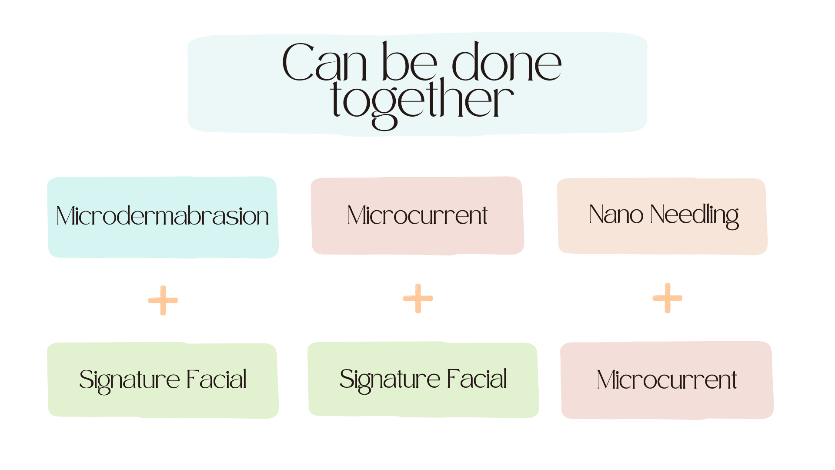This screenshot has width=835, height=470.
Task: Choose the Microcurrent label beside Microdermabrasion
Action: (417, 215)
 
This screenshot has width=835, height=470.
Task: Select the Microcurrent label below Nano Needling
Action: (667, 380)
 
